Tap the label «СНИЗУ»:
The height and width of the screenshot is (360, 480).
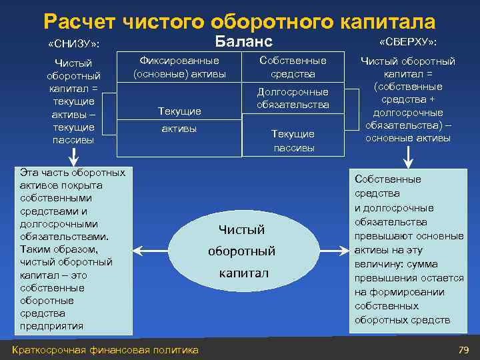(x=74, y=44)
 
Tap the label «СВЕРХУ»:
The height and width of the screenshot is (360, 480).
(x=408, y=42)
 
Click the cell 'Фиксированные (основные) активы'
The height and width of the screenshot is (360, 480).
(x=179, y=67)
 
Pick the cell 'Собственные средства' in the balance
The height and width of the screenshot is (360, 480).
(x=293, y=67)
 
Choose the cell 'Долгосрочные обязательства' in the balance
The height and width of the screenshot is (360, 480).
(x=293, y=98)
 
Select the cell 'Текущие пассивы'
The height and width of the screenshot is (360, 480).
(x=293, y=141)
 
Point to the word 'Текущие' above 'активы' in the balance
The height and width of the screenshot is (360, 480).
(x=179, y=111)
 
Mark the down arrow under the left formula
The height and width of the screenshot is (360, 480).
(x=74, y=157)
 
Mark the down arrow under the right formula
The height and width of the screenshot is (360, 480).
(x=408, y=157)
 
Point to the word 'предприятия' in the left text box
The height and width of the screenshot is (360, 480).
(x=52, y=326)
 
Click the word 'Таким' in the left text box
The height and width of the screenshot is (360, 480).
(x=35, y=249)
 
